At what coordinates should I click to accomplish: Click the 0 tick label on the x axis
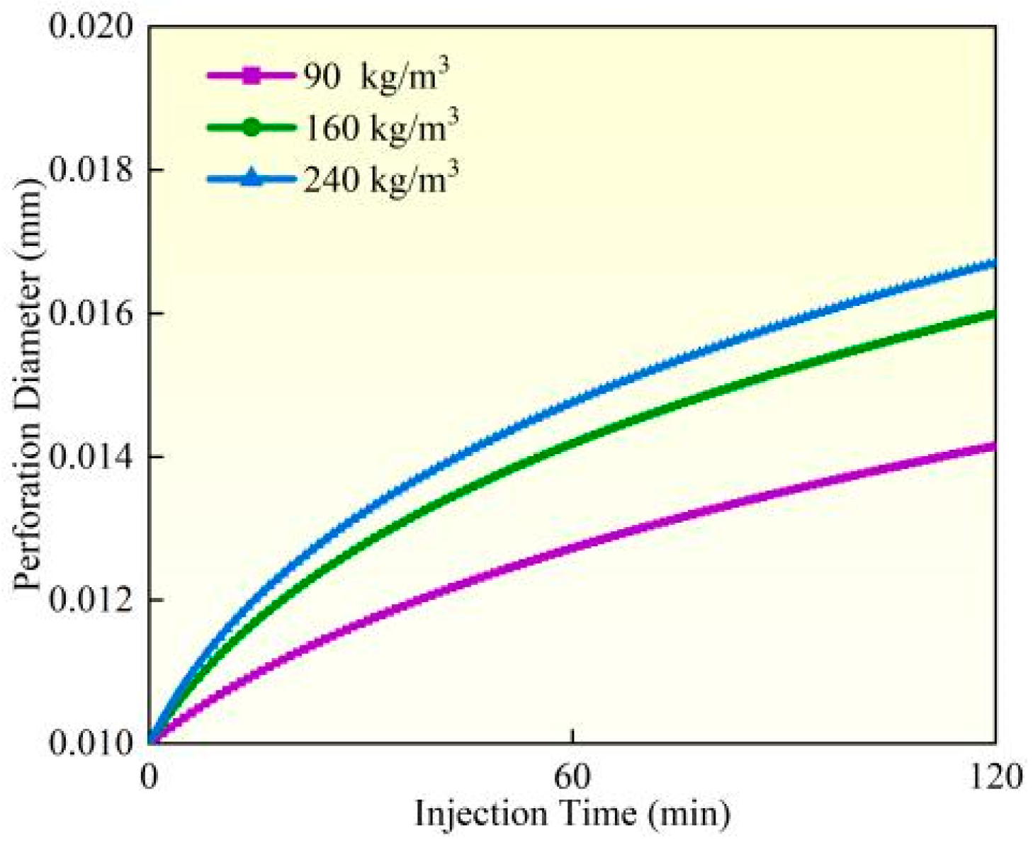(149, 776)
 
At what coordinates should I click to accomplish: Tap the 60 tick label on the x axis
(572, 776)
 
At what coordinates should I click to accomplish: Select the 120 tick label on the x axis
(995, 776)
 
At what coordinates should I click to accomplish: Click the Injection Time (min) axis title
(572, 815)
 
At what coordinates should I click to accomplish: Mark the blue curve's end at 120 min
(993, 263)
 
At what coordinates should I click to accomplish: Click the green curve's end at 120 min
(993, 314)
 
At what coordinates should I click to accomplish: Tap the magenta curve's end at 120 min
(993, 446)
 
